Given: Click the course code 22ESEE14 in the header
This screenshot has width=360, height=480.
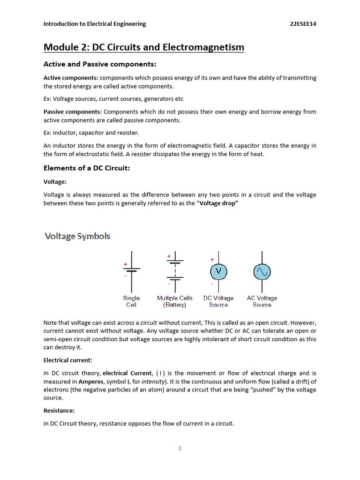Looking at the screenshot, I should point(303,24).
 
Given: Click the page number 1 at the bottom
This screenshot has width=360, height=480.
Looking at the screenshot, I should point(180,448).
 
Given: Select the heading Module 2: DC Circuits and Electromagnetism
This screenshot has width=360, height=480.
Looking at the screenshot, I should point(144,47).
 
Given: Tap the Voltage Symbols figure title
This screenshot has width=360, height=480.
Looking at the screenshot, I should point(77,236).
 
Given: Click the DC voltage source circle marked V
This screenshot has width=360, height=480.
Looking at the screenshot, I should point(218,271).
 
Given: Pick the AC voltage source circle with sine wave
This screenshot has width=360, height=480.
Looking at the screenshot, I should point(262,271).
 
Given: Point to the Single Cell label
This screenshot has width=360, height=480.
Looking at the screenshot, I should point(131,301).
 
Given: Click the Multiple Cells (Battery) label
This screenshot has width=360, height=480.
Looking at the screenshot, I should point(174,301).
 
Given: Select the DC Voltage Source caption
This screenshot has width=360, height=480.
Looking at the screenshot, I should point(218,301).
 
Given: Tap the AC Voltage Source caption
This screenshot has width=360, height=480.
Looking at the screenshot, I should point(262,301).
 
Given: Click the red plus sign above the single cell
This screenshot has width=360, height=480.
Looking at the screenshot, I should point(125,264).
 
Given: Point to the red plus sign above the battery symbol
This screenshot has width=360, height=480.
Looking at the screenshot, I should point(169,256).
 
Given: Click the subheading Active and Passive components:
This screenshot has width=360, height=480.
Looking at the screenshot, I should point(100,64).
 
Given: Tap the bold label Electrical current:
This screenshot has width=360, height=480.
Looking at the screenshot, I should point(68,360).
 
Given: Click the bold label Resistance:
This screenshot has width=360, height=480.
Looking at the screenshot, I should point(59,411).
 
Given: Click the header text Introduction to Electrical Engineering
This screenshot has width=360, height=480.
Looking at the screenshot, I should point(95,24).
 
